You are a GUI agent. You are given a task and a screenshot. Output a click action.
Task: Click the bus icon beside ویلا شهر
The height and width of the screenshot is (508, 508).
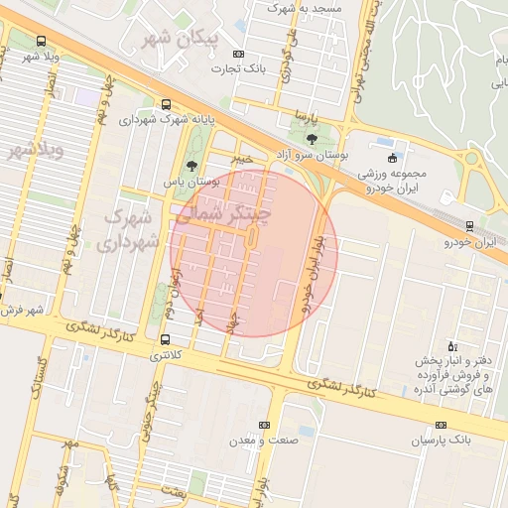(41, 42)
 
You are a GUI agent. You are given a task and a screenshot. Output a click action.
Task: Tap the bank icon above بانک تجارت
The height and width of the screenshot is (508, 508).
(237, 54)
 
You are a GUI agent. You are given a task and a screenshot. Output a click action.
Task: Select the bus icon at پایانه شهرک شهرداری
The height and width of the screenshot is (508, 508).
(165, 103)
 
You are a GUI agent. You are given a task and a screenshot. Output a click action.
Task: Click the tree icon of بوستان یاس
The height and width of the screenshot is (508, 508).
(191, 166)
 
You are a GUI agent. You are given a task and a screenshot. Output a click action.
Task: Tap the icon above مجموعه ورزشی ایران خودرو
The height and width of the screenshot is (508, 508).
(393, 158)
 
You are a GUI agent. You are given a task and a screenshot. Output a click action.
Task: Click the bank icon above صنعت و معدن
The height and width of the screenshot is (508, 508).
(263, 425)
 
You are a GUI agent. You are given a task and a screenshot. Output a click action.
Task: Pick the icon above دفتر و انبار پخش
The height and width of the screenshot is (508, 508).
(453, 346)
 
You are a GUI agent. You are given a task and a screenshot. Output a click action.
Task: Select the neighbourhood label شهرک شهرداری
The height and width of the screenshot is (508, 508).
(131, 228)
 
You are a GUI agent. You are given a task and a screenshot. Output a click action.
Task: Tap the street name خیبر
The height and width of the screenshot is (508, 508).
(242, 159)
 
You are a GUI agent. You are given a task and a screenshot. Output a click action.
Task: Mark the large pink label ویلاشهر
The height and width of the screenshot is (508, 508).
(35, 151)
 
